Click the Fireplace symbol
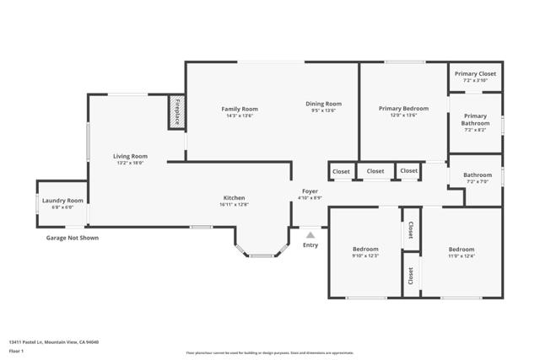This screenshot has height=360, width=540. click(176, 111)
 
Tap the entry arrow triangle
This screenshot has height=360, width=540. click(310, 235)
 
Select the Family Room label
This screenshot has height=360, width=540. click(240, 109)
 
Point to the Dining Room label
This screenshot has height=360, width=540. click(323, 104)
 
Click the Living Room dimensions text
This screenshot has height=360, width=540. click(131, 163)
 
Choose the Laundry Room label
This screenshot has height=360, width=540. click(62, 201)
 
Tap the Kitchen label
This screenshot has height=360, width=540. click(234, 198)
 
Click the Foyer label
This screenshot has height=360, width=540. click(310, 191)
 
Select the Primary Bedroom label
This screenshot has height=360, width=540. click(403, 109)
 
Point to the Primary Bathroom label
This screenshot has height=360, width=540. click(475, 120)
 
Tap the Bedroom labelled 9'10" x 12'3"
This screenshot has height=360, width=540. click(365, 250)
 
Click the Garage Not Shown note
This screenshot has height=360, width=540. click(72, 238)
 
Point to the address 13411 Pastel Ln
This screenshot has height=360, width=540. click(42, 341)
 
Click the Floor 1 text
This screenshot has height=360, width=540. click(16, 352)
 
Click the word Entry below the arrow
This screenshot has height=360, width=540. click(310, 245)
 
